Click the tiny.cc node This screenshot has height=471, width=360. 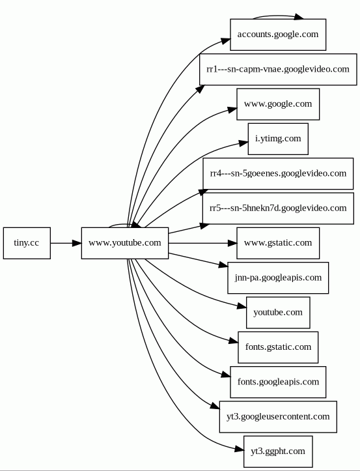click(x=27, y=243)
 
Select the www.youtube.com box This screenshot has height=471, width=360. click(x=125, y=243)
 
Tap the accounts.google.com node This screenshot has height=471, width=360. click(x=278, y=35)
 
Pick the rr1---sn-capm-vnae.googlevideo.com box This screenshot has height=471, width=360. click(x=278, y=70)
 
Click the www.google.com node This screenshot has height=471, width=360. click(x=278, y=104)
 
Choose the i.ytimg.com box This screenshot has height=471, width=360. click(x=278, y=139)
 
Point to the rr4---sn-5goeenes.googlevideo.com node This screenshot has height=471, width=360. click(x=278, y=174)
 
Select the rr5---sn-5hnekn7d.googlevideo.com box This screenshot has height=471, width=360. click(x=278, y=208)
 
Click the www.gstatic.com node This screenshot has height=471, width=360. click(x=278, y=243)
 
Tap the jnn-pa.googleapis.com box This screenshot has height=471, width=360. click(x=278, y=278)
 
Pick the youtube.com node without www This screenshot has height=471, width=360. click(x=278, y=313)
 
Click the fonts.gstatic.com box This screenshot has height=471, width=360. click(x=278, y=347)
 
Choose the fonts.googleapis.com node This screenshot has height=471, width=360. click(x=278, y=382)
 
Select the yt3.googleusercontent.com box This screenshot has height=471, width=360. click(x=278, y=417)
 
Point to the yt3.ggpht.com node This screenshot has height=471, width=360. click(x=278, y=451)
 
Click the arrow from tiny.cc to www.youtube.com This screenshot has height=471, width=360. click(x=66, y=243)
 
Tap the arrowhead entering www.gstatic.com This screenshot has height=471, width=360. click(x=232, y=243)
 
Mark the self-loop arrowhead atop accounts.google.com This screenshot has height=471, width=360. click(x=298, y=17)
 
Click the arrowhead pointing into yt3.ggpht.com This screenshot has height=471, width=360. click(x=239, y=450)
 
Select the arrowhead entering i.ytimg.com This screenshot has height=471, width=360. click(x=244, y=143)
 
